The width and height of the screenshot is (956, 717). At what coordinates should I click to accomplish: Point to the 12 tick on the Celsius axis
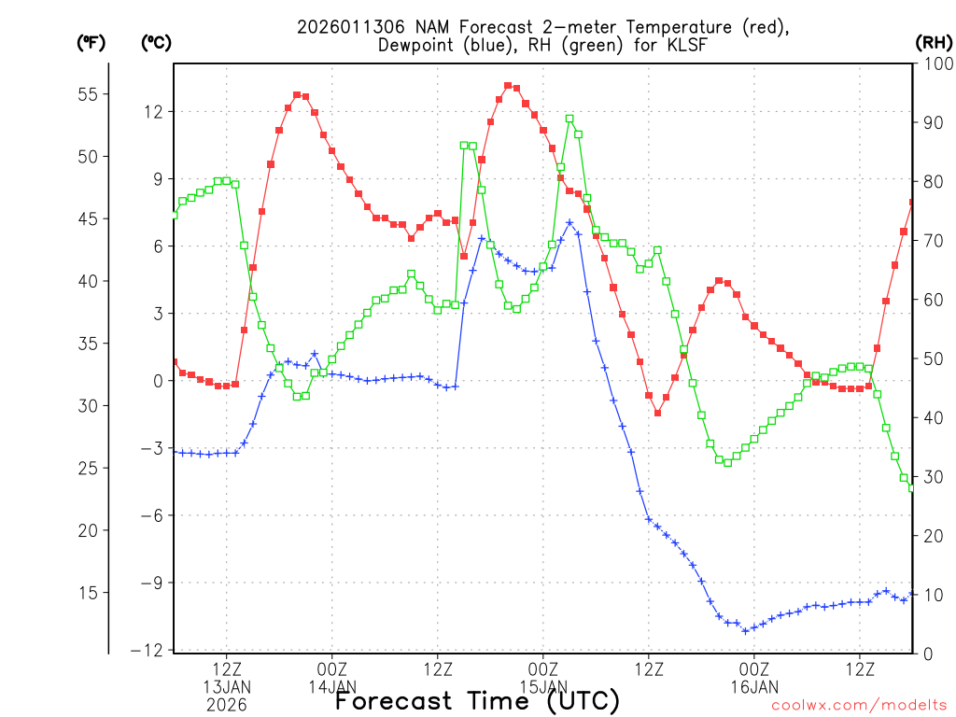point(152,111)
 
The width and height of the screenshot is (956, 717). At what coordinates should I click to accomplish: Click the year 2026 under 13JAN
point(227,705)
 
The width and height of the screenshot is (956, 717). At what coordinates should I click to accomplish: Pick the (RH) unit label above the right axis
point(934,42)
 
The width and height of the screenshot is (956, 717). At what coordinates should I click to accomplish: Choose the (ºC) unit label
point(155,42)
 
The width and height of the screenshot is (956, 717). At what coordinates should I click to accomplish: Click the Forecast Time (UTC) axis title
point(477,700)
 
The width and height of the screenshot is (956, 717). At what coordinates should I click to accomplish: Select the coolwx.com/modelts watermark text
point(858,706)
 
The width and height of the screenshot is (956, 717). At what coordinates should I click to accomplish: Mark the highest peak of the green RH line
point(569,119)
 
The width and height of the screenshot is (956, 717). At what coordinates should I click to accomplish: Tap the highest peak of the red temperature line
point(508,85)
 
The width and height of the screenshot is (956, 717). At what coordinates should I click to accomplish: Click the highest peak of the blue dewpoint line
point(569,222)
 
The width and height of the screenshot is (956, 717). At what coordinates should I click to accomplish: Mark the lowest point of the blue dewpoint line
point(745,630)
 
